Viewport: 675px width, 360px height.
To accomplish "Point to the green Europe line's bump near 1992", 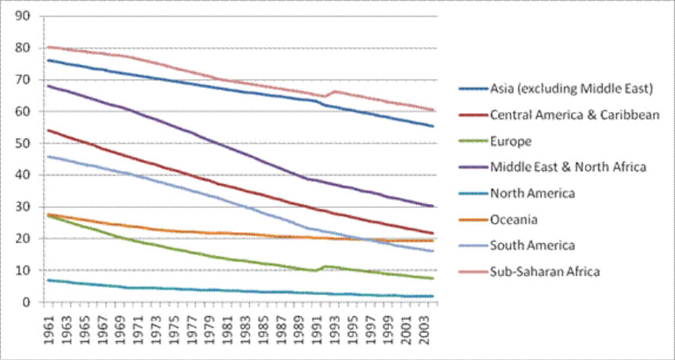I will tap(325, 267).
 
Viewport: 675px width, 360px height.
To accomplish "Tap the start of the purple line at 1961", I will tap(48, 85).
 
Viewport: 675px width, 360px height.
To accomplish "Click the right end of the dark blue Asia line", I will tap(433, 125).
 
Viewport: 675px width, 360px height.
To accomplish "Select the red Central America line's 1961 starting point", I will tap(48, 130).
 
